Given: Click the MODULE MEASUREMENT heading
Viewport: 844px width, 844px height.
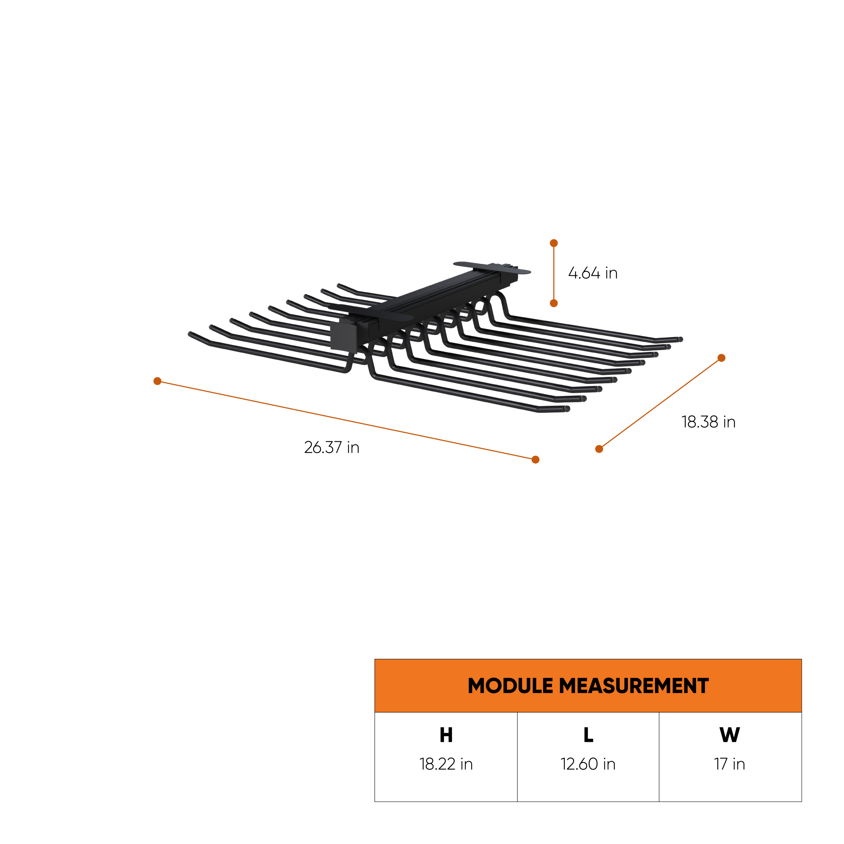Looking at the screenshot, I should (588, 686).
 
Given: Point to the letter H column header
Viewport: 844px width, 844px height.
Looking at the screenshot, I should (446, 735).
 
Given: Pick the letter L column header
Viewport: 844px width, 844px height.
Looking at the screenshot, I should (588, 735).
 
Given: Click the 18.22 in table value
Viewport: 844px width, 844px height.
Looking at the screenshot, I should (446, 764).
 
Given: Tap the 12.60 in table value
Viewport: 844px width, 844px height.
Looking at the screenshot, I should (588, 764).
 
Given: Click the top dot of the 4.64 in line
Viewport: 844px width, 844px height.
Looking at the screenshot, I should (554, 243).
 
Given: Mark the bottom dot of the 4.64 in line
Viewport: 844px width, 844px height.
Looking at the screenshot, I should (554, 303).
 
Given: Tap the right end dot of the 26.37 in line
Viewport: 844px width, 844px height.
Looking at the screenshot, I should (536, 460).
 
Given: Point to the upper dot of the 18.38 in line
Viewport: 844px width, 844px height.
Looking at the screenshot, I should (722, 358).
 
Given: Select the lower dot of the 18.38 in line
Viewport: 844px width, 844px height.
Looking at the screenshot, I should (599, 449).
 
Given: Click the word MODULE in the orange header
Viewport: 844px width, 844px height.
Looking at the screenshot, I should (510, 686).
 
